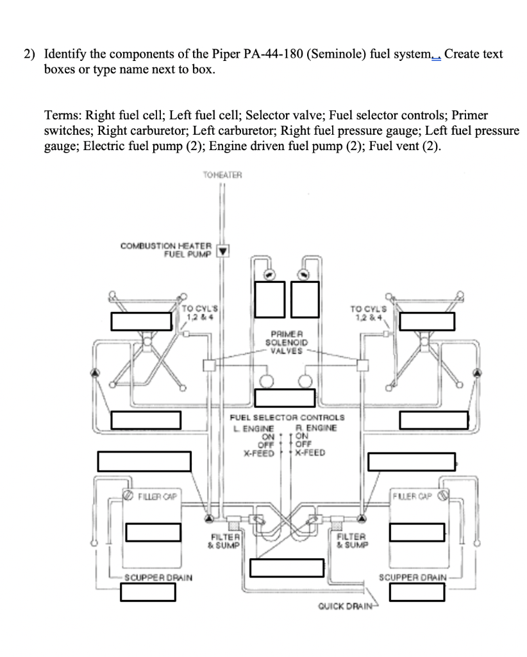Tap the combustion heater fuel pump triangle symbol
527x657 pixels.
tap(222, 250)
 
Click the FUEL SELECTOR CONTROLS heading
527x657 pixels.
tap(287, 418)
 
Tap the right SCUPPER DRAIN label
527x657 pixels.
tap(413, 577)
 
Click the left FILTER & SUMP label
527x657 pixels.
tap(223, 541)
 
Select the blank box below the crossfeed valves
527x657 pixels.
tap(283, 568)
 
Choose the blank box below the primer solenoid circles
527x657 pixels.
tap(285, 398)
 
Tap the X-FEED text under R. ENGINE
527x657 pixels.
tap(310, 452)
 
